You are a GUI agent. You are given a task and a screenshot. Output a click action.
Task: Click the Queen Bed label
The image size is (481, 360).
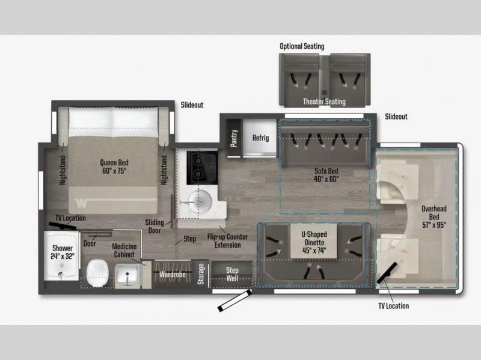(114, 162)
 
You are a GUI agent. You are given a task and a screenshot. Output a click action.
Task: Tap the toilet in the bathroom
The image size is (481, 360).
(97, 273)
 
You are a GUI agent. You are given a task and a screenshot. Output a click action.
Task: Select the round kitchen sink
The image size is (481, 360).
(200, 201)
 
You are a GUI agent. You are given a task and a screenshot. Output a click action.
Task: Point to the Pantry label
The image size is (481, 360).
(234, 138)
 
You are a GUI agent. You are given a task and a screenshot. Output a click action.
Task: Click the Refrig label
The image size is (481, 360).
(260, 138)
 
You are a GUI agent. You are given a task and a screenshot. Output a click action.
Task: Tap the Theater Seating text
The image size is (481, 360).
(324, 102)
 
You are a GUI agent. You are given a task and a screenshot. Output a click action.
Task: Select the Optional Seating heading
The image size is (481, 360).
(302, 46)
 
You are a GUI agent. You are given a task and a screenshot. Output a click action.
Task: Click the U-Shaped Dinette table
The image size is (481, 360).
(314, 241)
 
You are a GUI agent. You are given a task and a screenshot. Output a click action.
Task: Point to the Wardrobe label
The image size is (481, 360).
(172, 274)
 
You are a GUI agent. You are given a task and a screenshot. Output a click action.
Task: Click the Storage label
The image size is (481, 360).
(201, 274)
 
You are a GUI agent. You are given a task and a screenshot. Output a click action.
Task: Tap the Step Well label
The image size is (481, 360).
(232, 274)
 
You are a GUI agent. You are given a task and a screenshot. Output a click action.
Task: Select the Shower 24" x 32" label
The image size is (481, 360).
(63, 252)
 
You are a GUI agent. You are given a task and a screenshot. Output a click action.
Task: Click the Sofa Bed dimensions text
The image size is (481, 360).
(326, 178)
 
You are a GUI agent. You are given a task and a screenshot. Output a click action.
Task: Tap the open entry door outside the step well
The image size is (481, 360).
(234, 301)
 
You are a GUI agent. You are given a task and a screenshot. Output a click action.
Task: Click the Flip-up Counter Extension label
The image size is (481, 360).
(227, 241)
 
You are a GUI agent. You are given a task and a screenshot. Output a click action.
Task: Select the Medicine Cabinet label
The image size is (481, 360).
(124, 250)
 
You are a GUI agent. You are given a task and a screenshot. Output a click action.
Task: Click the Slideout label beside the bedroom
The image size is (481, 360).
(192, 105)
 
